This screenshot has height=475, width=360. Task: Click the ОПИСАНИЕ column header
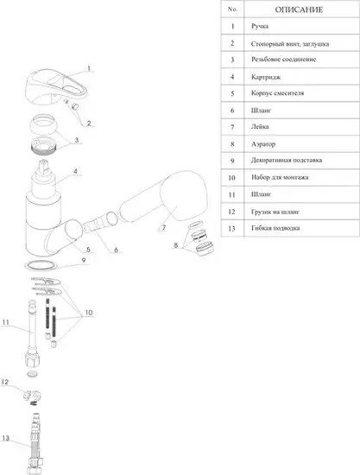[x=299, y=9]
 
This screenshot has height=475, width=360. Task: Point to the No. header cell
[x=232, y=9]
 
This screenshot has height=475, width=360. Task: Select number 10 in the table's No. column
[x=232, y=178]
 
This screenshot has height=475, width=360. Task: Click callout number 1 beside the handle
[x=89, y=68]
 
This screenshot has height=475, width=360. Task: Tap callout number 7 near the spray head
[x=164, y=227]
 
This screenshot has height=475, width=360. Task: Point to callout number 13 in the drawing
[x=5, y=438]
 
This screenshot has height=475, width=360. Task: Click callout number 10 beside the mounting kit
[x=89, y=313]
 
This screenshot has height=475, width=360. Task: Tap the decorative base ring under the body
[x=41, y=265]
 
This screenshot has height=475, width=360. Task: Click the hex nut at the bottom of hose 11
[x=32, y=359]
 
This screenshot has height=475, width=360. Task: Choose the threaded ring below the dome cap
[x=44, y=145]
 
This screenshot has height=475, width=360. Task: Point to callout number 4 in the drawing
[x=76, y=171]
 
